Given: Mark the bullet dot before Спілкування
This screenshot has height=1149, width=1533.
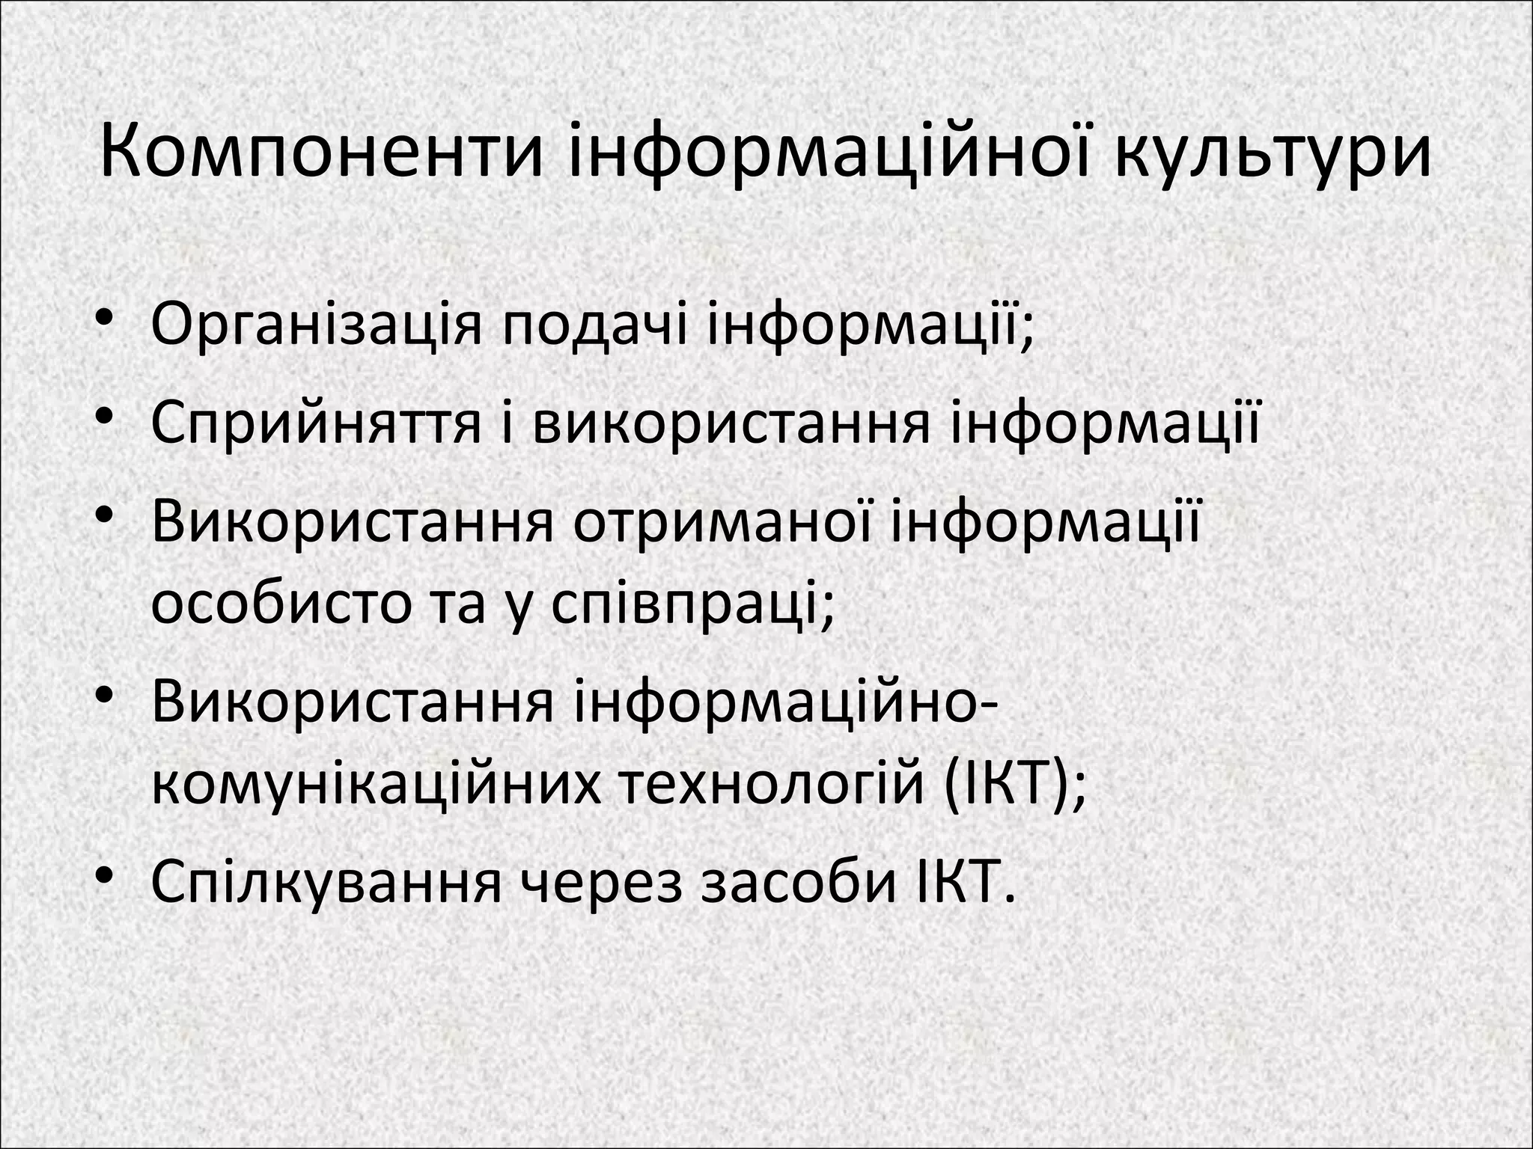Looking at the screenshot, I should [104, 875].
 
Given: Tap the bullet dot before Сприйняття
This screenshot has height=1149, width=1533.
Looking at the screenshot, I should [104, 416].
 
